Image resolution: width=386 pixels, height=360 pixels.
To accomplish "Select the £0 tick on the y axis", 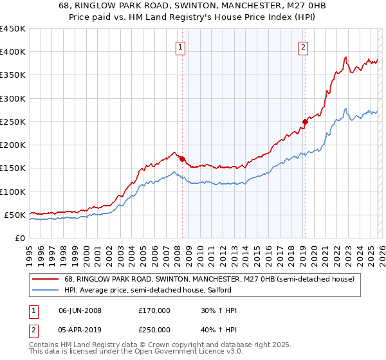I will [21, 239].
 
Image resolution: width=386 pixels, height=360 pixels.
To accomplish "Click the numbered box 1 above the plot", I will [181, 46].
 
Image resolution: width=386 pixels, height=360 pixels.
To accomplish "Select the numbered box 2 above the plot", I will [303, 46].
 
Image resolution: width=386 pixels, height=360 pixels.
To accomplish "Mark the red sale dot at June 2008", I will [182, 159].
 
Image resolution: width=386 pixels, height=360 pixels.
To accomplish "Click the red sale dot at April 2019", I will [305, 122].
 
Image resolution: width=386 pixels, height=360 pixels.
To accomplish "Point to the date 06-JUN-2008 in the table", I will [80, 310].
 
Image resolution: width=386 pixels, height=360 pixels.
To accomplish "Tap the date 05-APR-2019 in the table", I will [80, 330].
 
